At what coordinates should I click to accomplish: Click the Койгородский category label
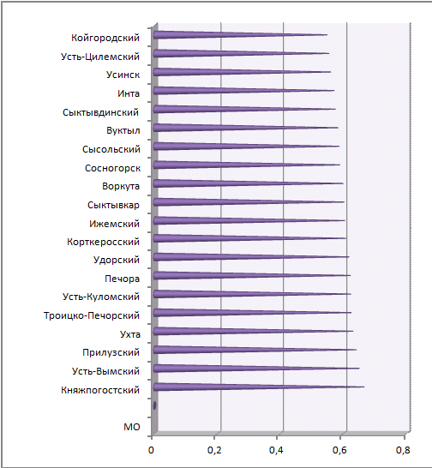point(105,38)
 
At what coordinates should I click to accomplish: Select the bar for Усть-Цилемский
point(241,53)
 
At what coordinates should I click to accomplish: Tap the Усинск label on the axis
point(123,75)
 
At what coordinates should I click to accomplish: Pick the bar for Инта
point(243,91)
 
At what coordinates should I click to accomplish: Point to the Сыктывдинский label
point(100,112)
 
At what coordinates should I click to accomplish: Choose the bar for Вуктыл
point(245,128)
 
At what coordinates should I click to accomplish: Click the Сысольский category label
point(111,149)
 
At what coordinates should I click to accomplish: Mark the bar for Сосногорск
point(247,165)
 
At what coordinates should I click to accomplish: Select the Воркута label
point(121,186)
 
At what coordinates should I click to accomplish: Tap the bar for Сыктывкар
point(249,202)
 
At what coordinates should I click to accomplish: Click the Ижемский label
point(114,224)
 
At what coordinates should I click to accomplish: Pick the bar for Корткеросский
point(249,238)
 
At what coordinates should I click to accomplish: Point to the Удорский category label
point(117,260)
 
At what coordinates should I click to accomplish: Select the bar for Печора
point(252,275)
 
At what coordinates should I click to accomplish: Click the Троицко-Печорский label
point(92,315)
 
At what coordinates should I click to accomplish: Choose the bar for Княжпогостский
point(259,387)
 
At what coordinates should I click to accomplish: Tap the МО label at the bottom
point(132,427)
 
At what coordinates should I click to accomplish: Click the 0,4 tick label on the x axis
point(276,450)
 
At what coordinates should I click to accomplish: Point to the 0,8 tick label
point(403,450)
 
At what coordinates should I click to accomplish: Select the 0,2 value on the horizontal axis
point(214,450)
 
